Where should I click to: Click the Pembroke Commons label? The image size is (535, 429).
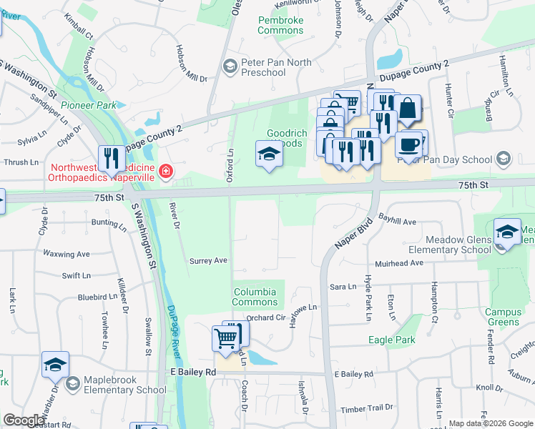(x=280, y=26)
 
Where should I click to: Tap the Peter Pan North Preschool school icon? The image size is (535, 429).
(x=230, y=67)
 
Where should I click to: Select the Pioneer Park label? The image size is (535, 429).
(x=88, y=105)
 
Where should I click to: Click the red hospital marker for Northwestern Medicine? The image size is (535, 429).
(x=165, y=172)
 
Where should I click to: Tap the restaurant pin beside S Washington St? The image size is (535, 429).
(x=111, y=158)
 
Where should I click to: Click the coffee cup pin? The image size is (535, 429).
(x=408, y=144)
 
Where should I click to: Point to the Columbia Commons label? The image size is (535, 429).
(x=255, y=297)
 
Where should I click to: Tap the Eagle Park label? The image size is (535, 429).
(x=391, y=340)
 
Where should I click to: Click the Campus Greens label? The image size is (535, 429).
(x=503, y=317)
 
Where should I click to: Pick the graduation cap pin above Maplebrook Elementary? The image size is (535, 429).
(x=55, y=365)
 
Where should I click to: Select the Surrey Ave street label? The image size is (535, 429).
(x=207, y=261)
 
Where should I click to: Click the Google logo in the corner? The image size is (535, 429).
(x=24, y=420)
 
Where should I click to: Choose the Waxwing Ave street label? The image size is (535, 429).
(x=66, y=254)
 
